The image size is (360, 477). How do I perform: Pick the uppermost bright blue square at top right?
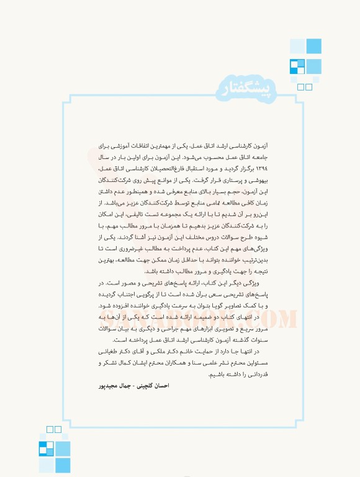313,46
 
